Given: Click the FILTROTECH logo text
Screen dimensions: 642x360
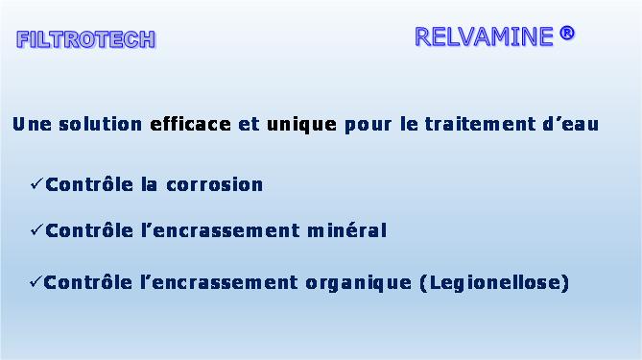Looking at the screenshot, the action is pos(86,39).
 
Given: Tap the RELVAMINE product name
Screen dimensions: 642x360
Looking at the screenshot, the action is pos(484,36).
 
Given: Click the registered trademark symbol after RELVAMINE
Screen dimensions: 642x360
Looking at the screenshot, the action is pos(566,34).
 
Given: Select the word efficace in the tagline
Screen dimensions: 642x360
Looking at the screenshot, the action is pos(190,124).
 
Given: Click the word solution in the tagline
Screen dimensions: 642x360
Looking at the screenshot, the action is pos(101,124).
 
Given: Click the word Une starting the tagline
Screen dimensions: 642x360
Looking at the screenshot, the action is pos(32,125).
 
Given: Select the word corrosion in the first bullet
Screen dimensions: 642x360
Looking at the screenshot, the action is pos(215,185).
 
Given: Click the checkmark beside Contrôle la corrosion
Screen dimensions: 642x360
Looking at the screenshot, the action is pos(36,184).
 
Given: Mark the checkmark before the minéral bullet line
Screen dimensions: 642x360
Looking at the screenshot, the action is pos(36,229).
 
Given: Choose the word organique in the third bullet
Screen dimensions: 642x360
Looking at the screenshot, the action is pos(359,283).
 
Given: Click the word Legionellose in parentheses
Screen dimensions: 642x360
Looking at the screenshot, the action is pos(494,283).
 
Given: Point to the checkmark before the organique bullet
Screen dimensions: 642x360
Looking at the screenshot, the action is pos(36,281).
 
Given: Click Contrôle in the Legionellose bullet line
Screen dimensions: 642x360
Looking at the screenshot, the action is pos(87,282).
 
